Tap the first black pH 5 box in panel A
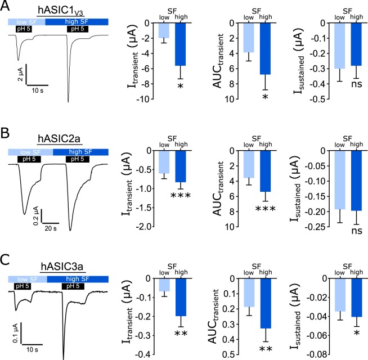point(24,29)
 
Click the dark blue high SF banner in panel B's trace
point(75,152)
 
